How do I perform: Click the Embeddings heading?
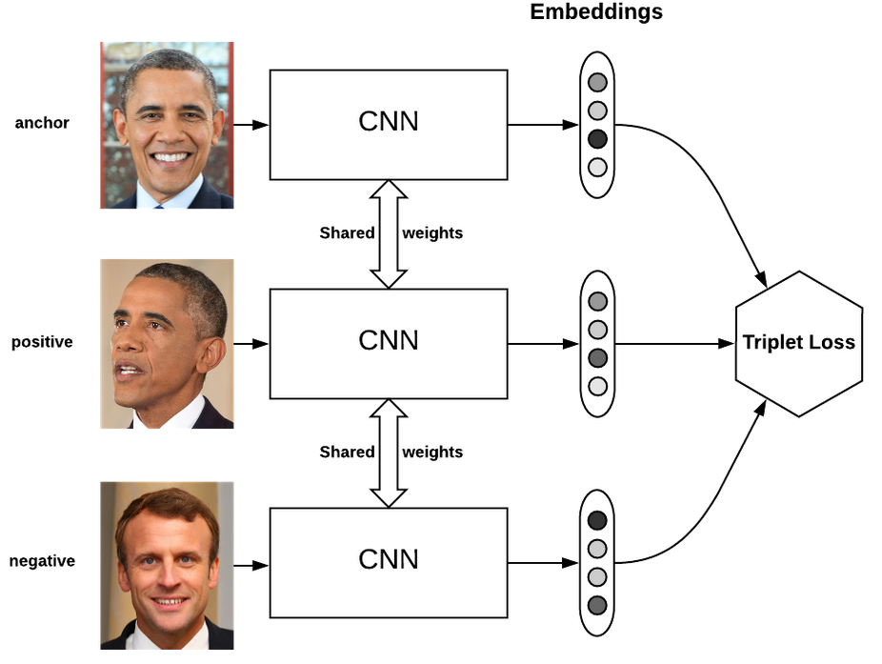(596, 12)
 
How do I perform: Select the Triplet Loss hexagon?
(798, 343)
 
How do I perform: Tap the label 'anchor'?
(42, 123)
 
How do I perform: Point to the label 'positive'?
(42, 342)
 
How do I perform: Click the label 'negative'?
(42, 561)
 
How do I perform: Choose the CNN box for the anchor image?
(388, 124)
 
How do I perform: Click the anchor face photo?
(168, 125)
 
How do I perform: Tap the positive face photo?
(168, 344)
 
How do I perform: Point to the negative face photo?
(168, 565)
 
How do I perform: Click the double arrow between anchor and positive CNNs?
(388, 233)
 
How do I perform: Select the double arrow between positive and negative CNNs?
(388, 453)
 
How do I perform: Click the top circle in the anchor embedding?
(597, 82)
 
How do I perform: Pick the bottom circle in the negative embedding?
(597, 605)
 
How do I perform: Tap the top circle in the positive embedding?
(597, 301)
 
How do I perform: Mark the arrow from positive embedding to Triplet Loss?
(672, 343)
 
